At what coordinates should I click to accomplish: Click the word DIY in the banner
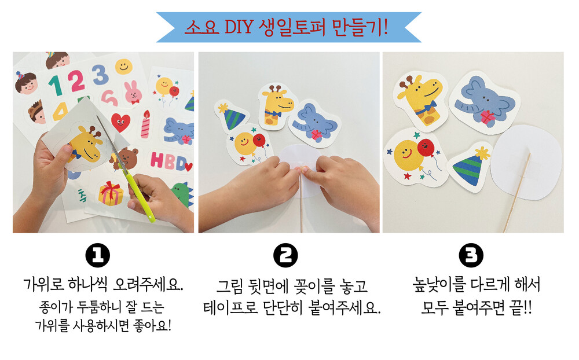239,27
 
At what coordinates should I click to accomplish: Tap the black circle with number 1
98,255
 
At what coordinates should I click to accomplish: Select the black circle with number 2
285,255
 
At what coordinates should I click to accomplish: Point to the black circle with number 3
471,255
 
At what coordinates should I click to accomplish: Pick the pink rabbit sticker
133,92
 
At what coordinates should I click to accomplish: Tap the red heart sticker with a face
121,122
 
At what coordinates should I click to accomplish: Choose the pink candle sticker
145,124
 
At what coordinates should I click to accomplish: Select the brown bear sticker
126,158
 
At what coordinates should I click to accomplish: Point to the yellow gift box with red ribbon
111,193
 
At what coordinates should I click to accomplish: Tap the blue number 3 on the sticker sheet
100,75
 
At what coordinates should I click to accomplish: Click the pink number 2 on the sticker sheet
76,81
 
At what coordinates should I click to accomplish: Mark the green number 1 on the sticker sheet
56,86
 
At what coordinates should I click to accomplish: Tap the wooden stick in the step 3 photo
517,192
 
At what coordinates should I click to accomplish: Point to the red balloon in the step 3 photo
426,148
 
